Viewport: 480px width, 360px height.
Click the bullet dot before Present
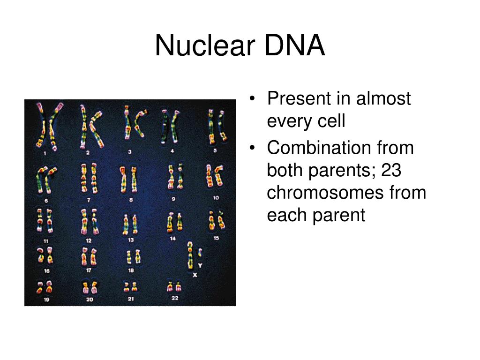click(253, 99)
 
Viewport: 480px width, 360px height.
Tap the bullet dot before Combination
click(253, 148)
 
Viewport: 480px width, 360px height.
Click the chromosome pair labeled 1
click(46, 126)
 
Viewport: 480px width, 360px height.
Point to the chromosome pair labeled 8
click(129, 180)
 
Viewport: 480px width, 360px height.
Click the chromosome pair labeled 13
click(130, 224)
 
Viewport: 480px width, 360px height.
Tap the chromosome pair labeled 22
click(174, 286)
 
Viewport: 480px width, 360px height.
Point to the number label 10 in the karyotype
click(216, 198)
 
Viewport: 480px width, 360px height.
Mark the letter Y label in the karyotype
click(200, 265)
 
